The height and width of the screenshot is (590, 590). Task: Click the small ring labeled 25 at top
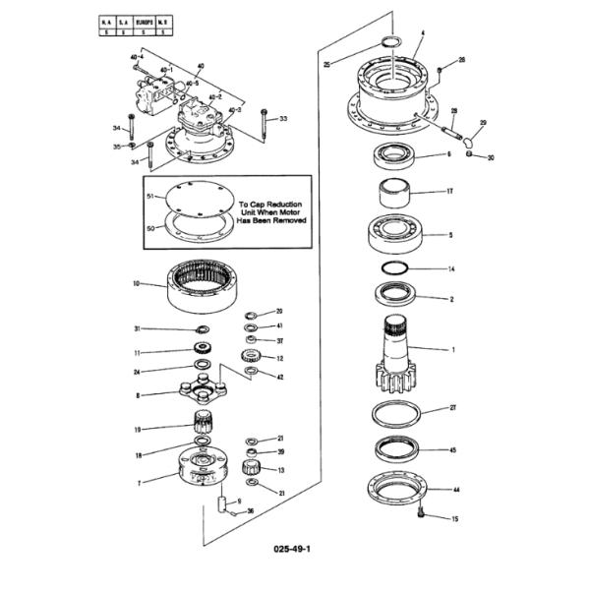pyautogui.click(x=388, y=42)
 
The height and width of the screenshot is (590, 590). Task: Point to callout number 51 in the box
pyautogui.click(x=149, y=196)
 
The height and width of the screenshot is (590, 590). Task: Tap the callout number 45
pyautogui.click(x=452, y=449)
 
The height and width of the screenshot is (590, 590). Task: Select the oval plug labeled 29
pyautogui.click(x=471, y=139)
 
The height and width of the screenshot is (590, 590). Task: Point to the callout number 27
pyautogui.click(x=452, y=406)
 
